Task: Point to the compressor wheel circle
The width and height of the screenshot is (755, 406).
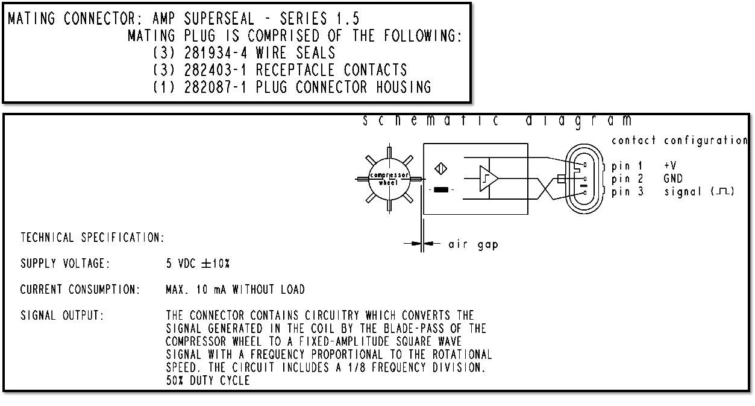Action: (x=388, y=178)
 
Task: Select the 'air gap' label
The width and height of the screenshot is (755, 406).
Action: (x=473, y=245)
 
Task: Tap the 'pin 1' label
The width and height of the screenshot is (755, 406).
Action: (x=627, y=165)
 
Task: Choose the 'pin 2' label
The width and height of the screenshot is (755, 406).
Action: (x=627, y=179)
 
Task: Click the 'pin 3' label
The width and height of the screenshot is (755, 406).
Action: (x=627, y=192)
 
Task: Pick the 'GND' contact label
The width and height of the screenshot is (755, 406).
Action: (x=674, y=179)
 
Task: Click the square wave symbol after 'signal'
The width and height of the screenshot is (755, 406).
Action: (x=722, y=192)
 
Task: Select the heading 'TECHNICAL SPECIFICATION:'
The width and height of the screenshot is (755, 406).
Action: (x=92, y=238)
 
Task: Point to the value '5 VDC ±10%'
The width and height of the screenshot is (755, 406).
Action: (x=198, y=264)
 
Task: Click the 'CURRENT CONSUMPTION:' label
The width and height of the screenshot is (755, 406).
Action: (x=80, y=290)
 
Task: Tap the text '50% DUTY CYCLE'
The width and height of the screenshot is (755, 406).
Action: (x=207, y=381)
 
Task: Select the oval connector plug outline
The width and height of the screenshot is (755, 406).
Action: (x=583, y=179)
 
